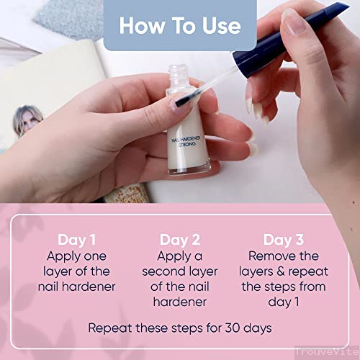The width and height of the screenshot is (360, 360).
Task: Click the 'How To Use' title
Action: [x=180, y=25]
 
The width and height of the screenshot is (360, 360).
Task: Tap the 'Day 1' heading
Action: [x=77, y=240]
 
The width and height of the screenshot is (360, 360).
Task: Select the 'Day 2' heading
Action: [x=180, y=240]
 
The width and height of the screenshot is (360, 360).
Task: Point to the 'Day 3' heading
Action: [x=284, y=240]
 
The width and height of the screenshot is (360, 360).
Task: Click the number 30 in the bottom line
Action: [x=233, y=328]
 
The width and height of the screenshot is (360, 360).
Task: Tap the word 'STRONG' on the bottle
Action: [x=187, y=145]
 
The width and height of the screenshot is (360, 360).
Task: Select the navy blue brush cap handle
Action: [x=288, y=38]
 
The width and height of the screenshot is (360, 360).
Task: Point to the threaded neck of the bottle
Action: [x=178, y=72]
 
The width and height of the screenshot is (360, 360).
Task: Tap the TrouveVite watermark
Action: [x=327, y=352]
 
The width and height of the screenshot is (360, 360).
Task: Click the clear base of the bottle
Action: [x=189, y=168]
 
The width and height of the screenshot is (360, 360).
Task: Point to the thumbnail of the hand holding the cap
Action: [x=293, y=21]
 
